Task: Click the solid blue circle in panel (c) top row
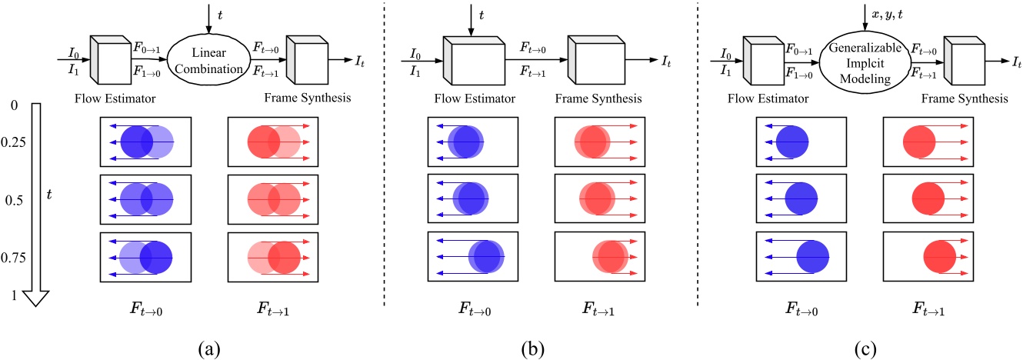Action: pos(792,144)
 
